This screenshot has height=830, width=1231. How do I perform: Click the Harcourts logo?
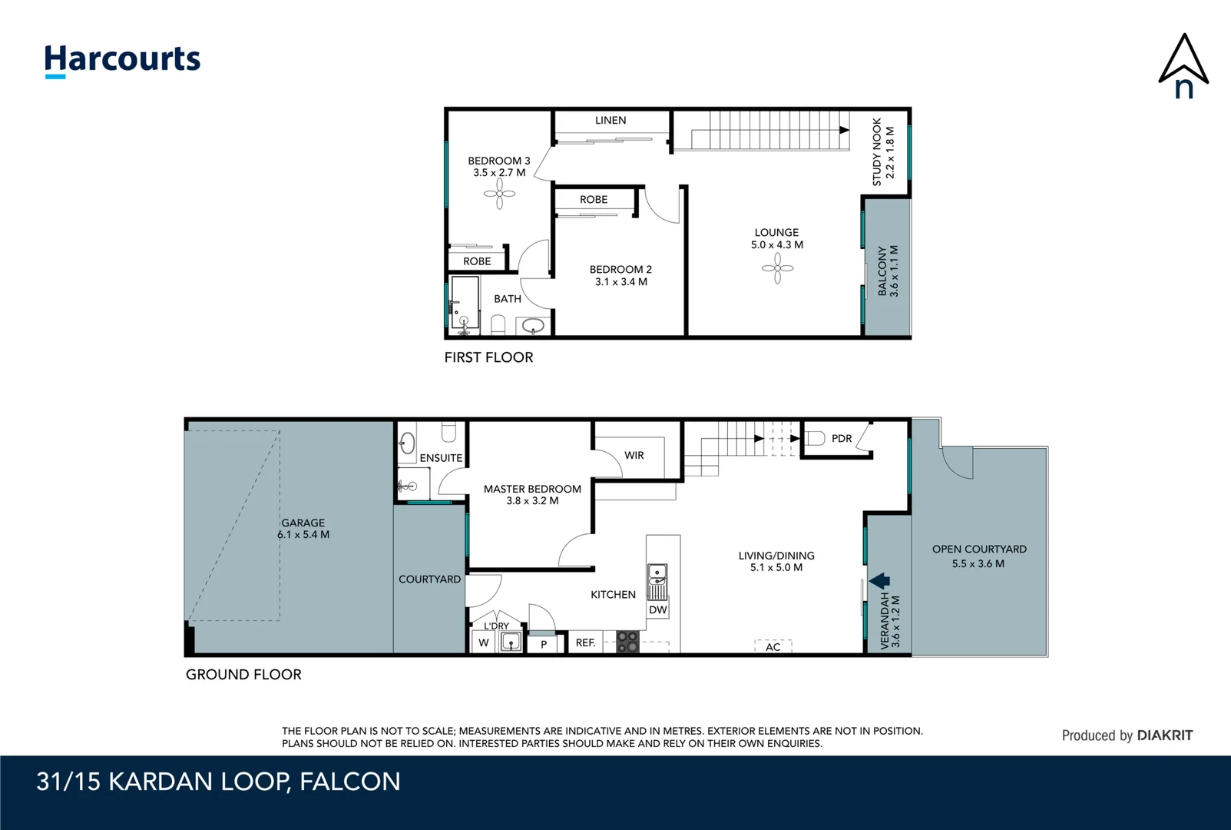123,61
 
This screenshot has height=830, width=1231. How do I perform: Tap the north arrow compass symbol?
1183,66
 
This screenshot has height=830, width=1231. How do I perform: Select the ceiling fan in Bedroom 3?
500,194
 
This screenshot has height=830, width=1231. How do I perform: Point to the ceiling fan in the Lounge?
778,268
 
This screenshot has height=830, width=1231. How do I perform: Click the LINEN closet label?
611,120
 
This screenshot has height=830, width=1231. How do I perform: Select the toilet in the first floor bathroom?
498,324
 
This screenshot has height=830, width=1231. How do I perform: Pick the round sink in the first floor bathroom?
532,326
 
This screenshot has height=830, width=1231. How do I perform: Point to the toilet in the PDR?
816,438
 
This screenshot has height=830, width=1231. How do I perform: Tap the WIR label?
634,456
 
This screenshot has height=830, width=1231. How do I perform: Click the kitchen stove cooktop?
627,642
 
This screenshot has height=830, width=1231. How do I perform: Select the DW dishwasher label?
658,609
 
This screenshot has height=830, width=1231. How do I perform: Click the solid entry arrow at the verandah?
879,580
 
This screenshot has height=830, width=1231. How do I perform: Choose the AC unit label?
773,647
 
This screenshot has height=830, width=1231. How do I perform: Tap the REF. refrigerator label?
585,642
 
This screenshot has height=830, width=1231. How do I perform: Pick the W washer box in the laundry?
484,642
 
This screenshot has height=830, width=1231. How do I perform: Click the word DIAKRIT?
1165,735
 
